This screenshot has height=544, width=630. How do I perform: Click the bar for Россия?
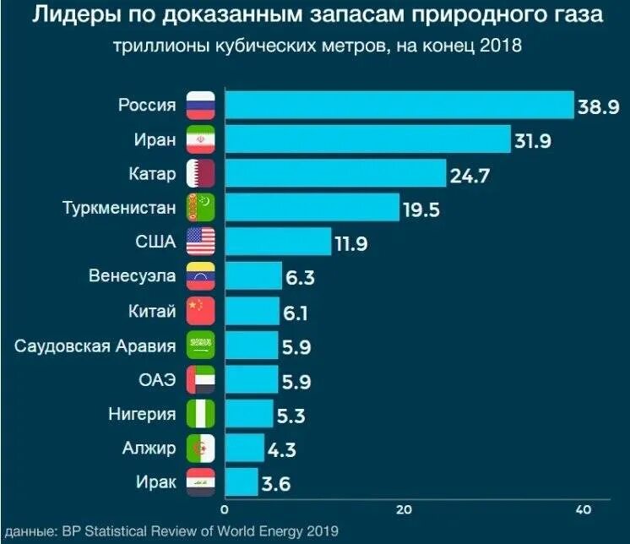399,105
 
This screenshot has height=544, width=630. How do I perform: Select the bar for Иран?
367,139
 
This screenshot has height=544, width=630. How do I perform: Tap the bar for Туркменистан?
312,207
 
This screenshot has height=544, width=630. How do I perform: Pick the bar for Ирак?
241,482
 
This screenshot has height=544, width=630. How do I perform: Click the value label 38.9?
599,106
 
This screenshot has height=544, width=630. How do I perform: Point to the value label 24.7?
470,176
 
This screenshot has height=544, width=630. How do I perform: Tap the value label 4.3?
281,450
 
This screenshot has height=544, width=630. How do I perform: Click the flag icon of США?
201,242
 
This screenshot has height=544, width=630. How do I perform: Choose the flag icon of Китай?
201,311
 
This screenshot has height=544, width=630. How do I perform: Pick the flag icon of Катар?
201,174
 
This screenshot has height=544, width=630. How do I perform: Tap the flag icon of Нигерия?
201,414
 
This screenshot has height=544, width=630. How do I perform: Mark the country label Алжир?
152,449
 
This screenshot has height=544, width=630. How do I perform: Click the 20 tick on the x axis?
404,509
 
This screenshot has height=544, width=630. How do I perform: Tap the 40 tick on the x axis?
583,509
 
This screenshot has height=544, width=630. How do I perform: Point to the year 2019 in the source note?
320,530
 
